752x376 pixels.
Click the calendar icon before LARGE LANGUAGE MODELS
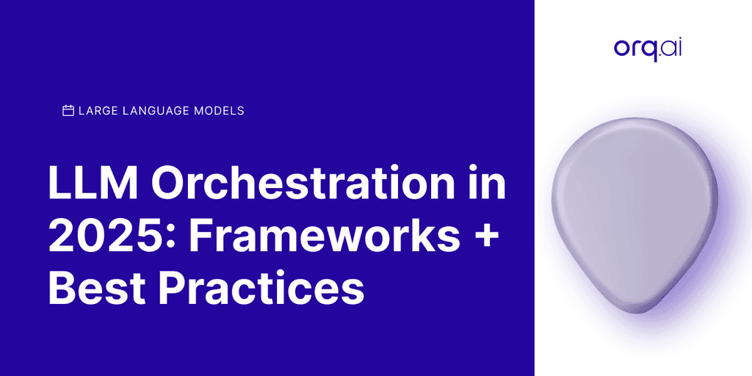click(68, 111)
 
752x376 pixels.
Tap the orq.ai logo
click(642, 49)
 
